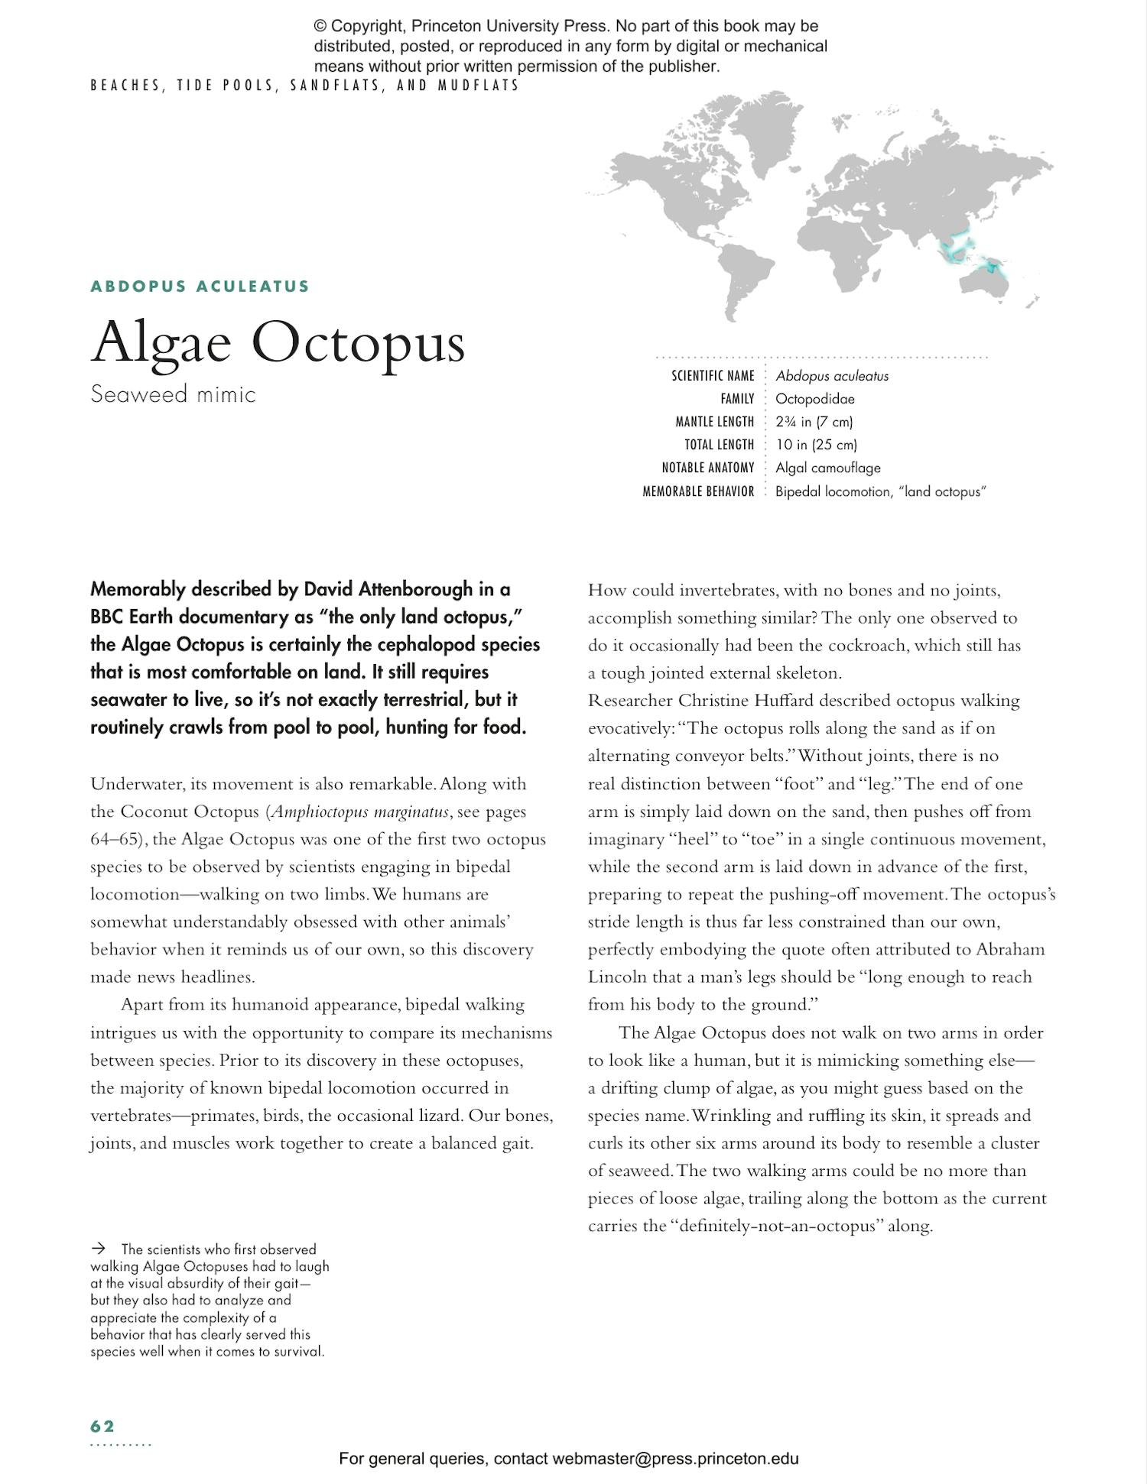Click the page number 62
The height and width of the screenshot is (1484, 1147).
pos(102,1426)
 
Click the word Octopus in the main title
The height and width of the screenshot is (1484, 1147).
pos(358,342)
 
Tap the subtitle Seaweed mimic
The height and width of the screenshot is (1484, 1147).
pos(173,394)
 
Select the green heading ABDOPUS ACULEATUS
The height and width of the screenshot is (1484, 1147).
pos(200,287)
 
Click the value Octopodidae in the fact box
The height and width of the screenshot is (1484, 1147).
pos(814,399)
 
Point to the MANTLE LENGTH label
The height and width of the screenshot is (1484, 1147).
pos(714,422)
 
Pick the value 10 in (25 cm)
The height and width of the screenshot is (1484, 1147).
pos(816,445)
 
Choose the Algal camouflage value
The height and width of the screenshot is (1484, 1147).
pos(827,468)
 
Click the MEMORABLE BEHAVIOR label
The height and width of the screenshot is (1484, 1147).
pos(698,491)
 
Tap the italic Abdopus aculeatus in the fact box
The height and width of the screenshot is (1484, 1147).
pos(831,376)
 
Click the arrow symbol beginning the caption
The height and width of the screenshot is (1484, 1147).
pos(98,1249)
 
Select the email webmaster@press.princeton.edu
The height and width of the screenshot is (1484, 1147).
pos(675,1458)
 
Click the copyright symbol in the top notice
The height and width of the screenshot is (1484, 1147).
pos(320,27)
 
